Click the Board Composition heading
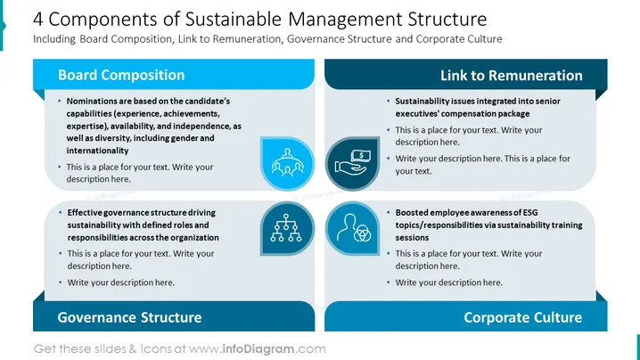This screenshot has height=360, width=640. point(121,75)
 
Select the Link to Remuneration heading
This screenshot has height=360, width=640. point(511,76)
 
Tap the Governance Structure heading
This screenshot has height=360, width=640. point(129,317)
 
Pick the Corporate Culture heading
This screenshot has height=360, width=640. point(523,317)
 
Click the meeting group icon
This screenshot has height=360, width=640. point(287,163)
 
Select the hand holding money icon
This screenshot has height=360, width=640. point(353,163)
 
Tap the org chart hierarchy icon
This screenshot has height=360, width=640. point(286,228)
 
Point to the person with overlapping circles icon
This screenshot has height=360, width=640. point(354,228)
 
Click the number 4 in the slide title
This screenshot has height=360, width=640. point(37,20)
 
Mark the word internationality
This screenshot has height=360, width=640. point(97,151)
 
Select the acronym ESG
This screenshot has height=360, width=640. point(529,213)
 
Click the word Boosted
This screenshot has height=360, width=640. point(411,213)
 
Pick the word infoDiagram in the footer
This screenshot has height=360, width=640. point(258,349)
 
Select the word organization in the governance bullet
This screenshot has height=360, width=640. point(193,238)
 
